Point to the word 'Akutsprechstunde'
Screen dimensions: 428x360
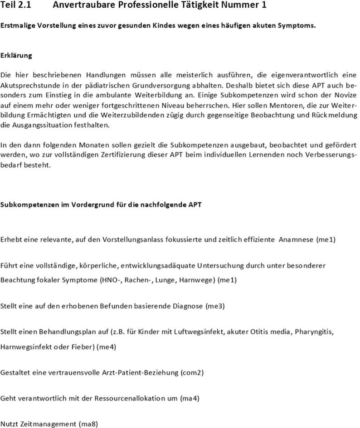30,84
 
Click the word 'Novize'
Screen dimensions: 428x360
344,94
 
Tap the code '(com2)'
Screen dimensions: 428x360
192,373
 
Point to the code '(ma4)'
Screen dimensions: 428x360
190,399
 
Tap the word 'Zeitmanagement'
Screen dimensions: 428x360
48,424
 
